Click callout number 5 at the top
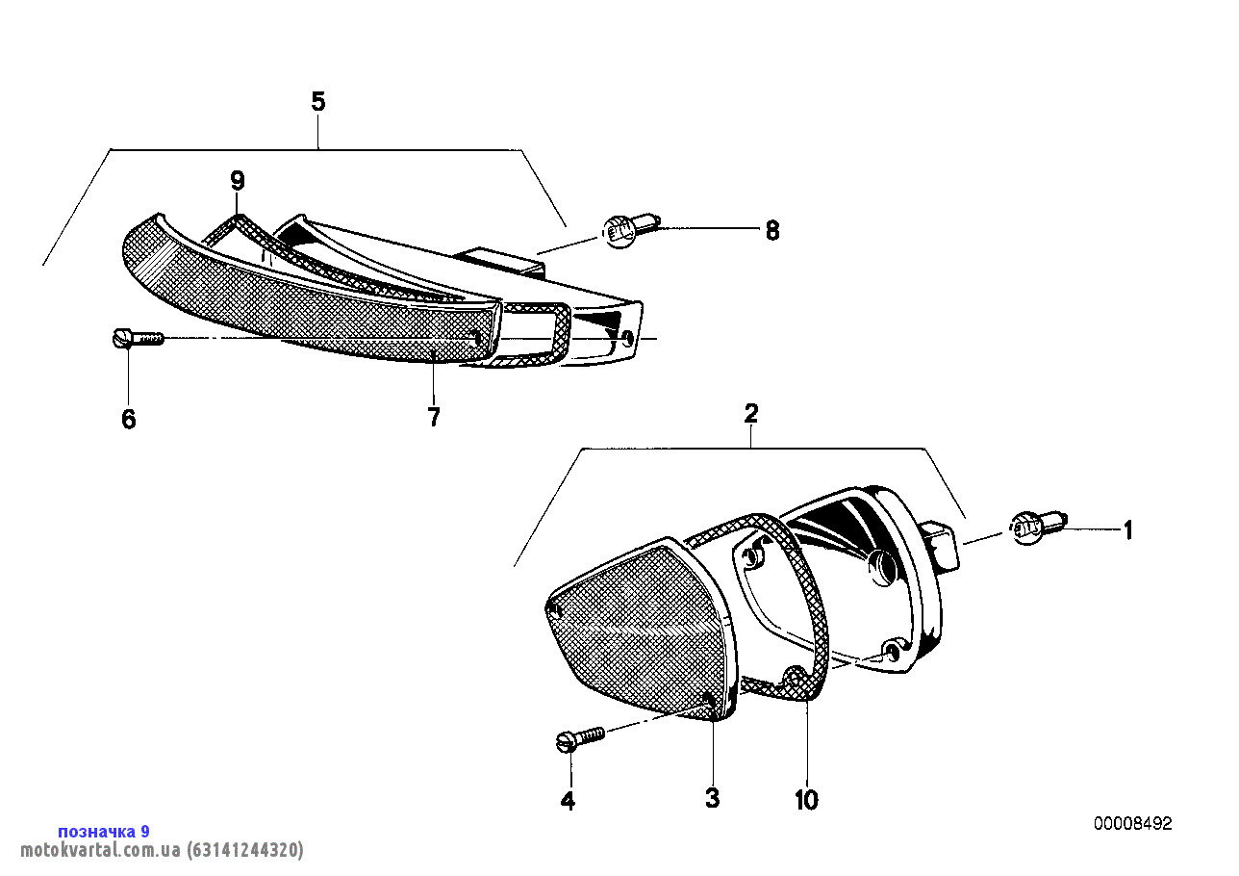tap(318, 102)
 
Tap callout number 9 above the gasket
tap(238, 181)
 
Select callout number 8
tap(772, 230)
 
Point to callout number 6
tap(128, 419)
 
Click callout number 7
tap(434, 417)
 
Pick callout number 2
tap(750, 413)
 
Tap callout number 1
tap(1128, 530)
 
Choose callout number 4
tap(568, 801)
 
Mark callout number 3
tap(713, 798)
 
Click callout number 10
tap(806, 800)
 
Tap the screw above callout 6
tap(139, 338)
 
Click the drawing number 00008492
tap(1132, 824)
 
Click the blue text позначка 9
tap(104, 832)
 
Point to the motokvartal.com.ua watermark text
tap(162, 849)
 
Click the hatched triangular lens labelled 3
tap(642, 628)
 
